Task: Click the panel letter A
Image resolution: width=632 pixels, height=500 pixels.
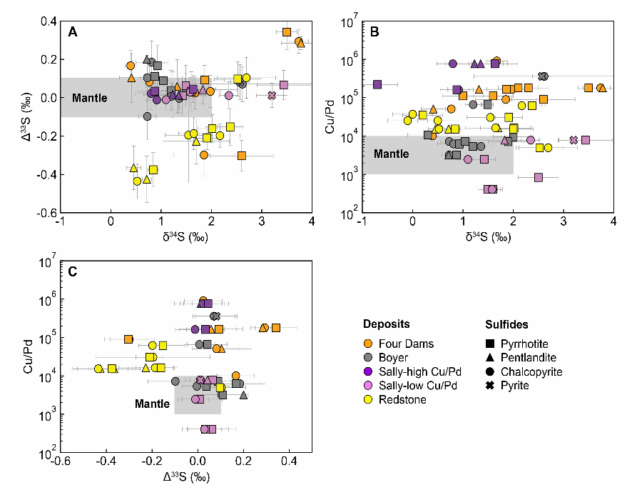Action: (72, 31)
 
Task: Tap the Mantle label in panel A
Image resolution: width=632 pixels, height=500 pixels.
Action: (89, 98)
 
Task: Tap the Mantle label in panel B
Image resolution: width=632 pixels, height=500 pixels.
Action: (392, 154)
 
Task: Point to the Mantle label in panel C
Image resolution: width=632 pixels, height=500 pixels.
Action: (152, 404)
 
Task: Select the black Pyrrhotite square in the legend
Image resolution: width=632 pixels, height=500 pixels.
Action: (492, 343)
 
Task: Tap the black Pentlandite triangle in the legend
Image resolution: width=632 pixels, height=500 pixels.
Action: (492, 357)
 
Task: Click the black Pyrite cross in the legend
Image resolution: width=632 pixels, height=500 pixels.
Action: (492, 386)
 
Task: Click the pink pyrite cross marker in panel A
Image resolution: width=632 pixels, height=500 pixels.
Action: (272, 95)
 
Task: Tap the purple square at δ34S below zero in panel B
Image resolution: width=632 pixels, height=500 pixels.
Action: (377, 84)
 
